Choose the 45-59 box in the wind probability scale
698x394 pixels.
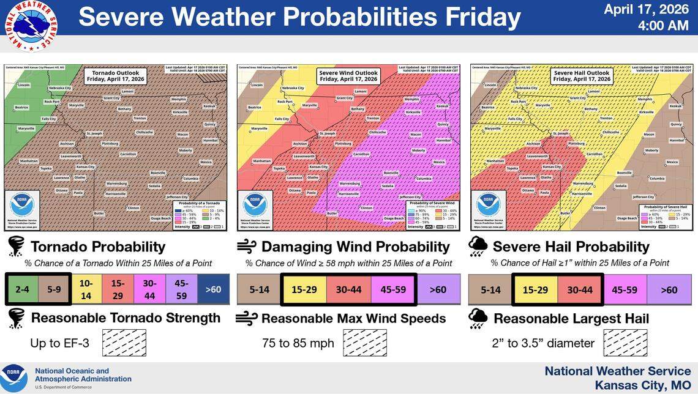point(392,289)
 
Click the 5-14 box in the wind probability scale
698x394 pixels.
point(259,289)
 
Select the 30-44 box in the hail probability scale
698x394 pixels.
point(580,289)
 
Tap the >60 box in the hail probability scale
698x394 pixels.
point(669,289)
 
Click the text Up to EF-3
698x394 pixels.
point(59,343)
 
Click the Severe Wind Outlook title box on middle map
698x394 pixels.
point(348,75)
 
